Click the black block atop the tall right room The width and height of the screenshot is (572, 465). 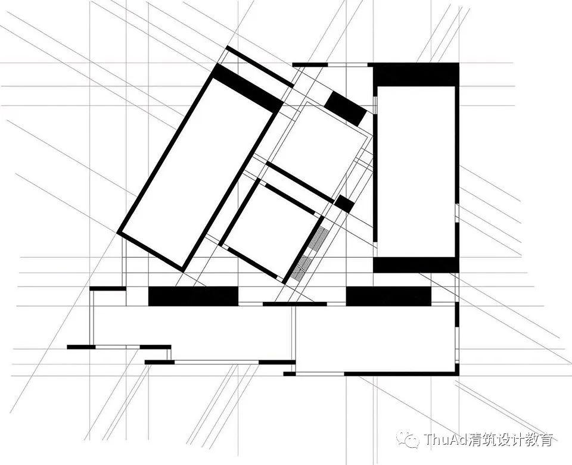tap(416, 74)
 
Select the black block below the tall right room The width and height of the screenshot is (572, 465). tap(415, 264)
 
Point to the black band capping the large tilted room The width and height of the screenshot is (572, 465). tap(247, 88)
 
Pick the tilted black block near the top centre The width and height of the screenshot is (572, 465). tap(345, 108)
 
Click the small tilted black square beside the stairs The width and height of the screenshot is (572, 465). tap(344, 204)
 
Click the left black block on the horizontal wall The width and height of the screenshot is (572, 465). tap(192, 296)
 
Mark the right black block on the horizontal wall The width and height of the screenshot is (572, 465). tap(388, 296)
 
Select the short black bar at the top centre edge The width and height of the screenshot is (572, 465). tap(310, 64)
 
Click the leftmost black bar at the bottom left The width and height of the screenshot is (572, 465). tap(81, 347)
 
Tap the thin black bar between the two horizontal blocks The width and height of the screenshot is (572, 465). tap(294, 304)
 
